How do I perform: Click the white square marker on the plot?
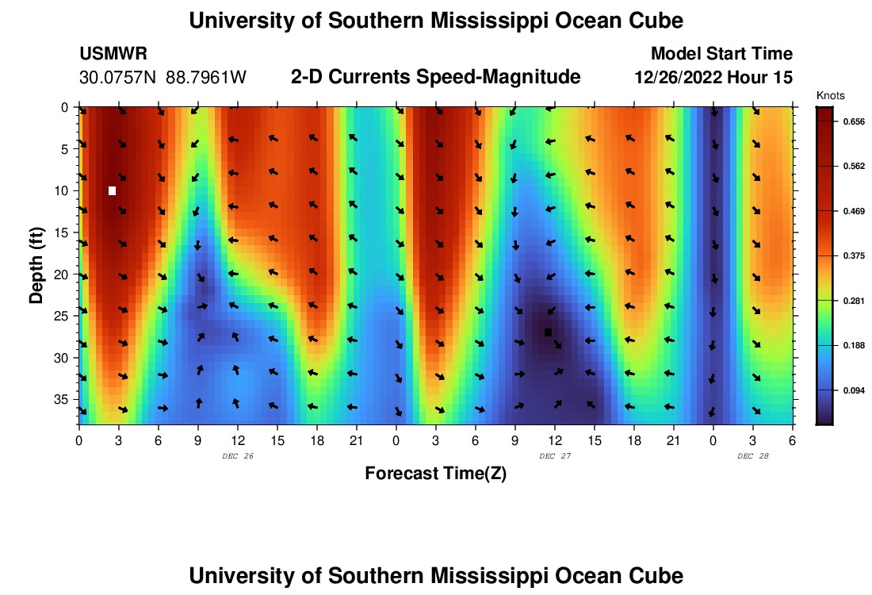coord(113,190)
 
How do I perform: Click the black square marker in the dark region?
coord(548,332)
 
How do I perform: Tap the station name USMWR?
coord(113,54)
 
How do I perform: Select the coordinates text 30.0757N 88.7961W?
coord(163,78)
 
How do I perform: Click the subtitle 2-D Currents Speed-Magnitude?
coord(436,77)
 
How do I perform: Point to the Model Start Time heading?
coord(721,54)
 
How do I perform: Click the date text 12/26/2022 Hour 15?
coord(713,78)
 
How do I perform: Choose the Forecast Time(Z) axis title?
coord(435,474)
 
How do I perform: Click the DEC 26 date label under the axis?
coord(237,456)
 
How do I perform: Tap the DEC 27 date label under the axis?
coord(554,456)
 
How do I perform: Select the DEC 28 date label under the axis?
coord(752,456)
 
